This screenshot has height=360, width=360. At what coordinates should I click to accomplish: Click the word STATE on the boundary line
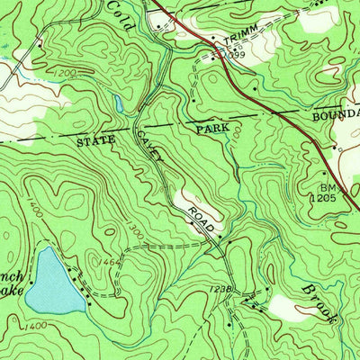[x=97, y=141]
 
